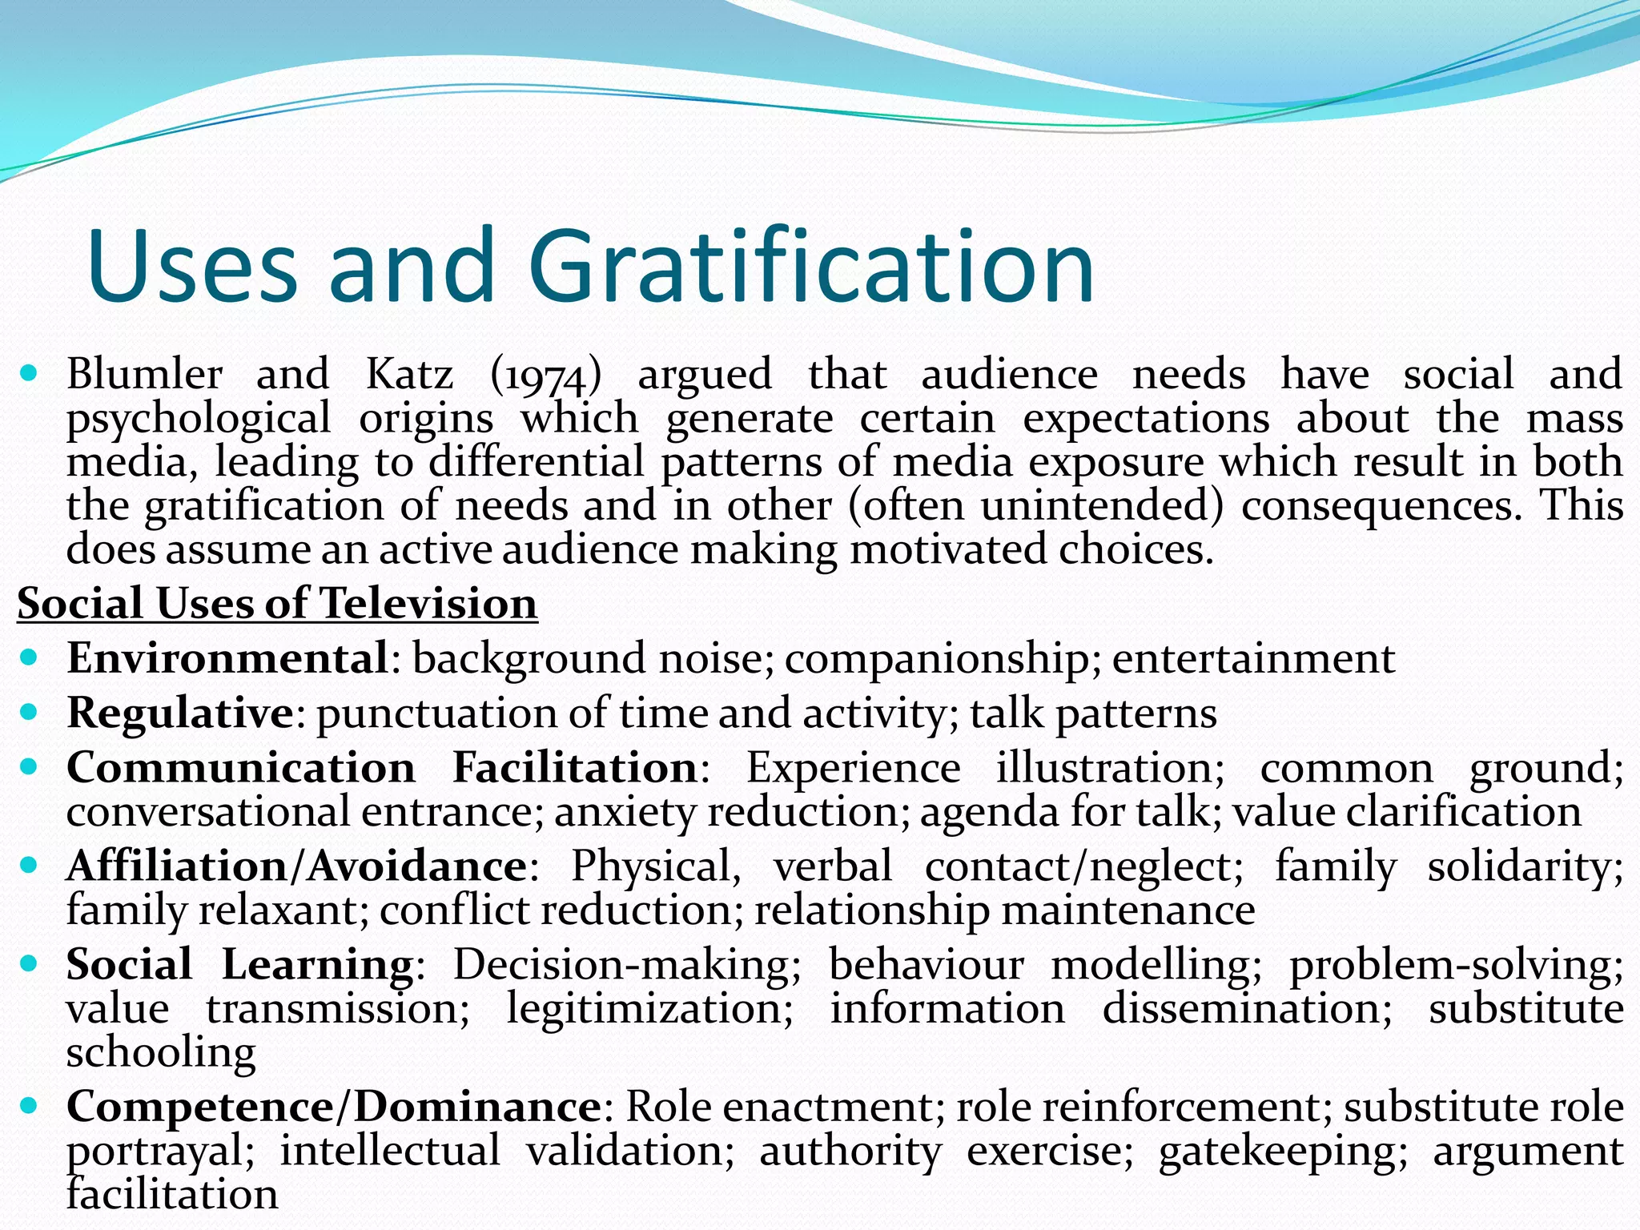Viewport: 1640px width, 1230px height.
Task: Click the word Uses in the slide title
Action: pyautogui.click(x=192, y=266)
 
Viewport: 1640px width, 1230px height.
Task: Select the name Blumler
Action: pyautogui.click(x=144, y=374)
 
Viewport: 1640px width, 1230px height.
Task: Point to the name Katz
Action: pyautogui.click(x=409, y=374)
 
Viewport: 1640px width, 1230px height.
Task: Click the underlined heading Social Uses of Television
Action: pyautogui.click(x=277, y=603)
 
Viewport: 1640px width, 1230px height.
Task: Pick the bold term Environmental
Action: pyautogui.click(x=227, y=659)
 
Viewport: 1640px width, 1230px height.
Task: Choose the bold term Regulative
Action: pyautogui.click(x=180, y=713)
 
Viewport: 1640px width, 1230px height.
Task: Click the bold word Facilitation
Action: pyautogui.click(x=575, y=768)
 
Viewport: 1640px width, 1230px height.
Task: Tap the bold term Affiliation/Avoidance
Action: pyautogui.click(x=296, y=866)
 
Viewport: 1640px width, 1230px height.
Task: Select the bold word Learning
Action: pyautogui.click(x=317, y=965)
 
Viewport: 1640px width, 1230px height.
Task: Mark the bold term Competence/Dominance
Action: pyautogui.click(x=334, y=1107)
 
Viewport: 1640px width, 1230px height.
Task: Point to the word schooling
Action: pyautogui.click(x=161, y=1052)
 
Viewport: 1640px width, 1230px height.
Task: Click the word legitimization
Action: pyautogui.click(x=649, y=1008)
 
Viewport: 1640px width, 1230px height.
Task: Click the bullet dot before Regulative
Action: pyautogui.click(x=29, y=712)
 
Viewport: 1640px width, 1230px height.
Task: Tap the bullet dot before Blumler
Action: pyautogui.click(x=29, y=372)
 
